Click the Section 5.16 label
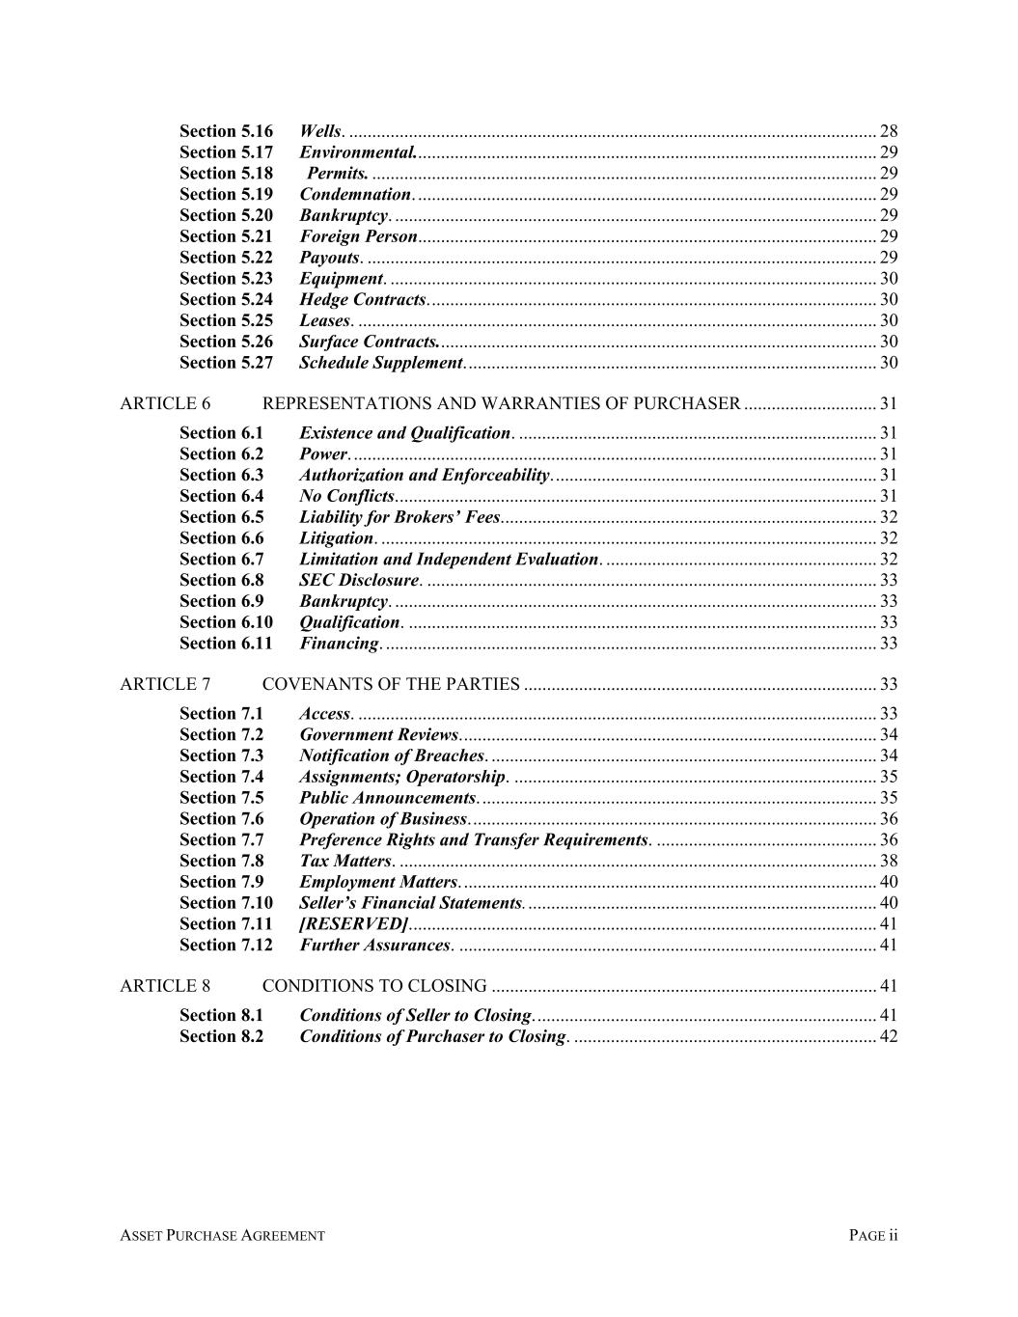tap(226, 131)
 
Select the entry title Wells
tap(320, 131)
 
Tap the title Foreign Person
tap(358, 236)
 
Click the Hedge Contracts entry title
tap(362, 300)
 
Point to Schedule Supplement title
tap(380, 363)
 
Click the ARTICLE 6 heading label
tap(165, 403)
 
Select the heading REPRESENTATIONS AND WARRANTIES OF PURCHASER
tap(501, 403)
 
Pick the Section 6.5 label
tap(221, 517)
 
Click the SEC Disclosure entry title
tap(359, 581)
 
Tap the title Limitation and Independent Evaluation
tap(449, 560)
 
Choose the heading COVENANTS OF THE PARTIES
tap(391, 685)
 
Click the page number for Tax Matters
tap(889, 862)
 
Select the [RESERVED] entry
tap(353, 924)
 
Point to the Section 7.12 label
tap(226, 946)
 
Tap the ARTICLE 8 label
tap(165, 986)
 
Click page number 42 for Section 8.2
tap(889, 1037)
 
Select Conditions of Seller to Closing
tap(415, 1016)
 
